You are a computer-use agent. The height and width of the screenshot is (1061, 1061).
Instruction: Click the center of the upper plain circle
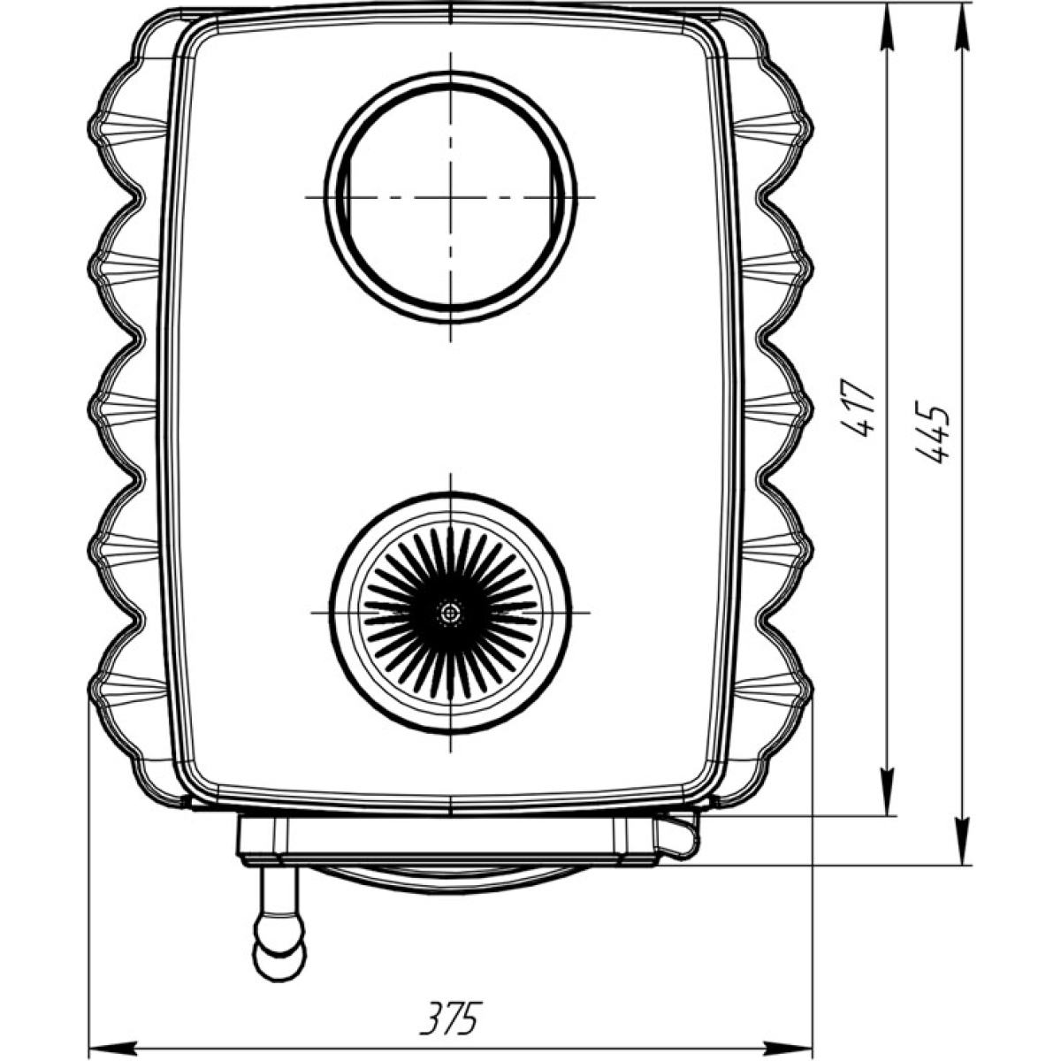coord(450,196)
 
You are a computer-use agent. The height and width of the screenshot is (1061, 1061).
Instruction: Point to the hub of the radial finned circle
coord(450,612)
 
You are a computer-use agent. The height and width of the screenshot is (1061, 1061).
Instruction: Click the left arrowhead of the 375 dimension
coord(112,1047)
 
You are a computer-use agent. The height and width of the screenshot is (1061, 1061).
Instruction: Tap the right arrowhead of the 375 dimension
coord(789,1047)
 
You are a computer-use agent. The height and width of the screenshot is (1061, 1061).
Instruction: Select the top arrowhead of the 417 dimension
coord(888,27)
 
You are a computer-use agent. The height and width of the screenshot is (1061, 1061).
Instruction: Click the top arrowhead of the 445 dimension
coord(962,27)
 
